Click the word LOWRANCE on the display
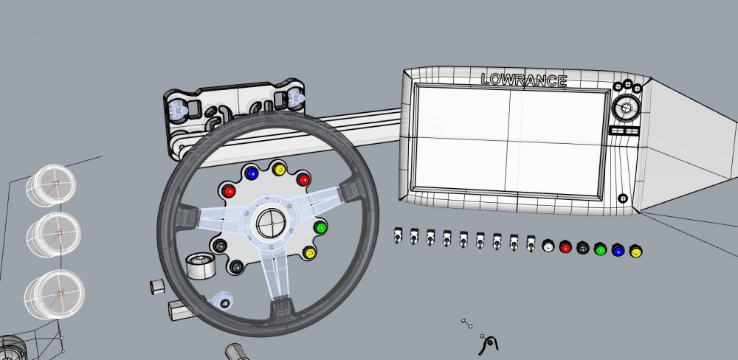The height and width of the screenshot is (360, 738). [523, 80]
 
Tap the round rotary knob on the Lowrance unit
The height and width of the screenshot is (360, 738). [626, 109]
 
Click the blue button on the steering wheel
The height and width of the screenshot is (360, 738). [252, 174]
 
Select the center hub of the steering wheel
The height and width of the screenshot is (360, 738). [269, 221]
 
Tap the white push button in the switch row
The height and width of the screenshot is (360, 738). [548, 246]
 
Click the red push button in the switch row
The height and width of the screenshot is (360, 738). [566, 248]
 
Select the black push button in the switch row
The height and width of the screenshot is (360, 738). [583, 249]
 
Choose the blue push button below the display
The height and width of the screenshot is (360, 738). [618, 251]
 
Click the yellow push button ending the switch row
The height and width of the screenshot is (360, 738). [635, 252]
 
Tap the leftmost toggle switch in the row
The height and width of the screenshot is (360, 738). [398, 236]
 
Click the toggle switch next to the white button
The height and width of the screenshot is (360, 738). [531, 243]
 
